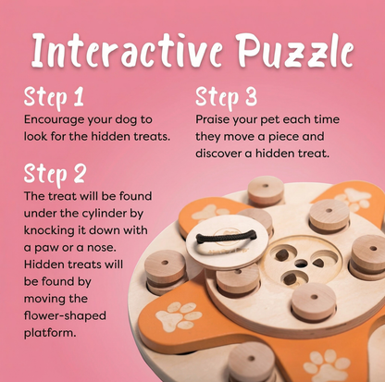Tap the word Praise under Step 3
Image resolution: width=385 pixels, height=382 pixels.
[x=214, y=119]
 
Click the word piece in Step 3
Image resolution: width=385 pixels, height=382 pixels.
[x=307, y=136]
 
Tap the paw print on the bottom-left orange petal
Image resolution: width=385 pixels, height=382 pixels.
[x=180, y=315]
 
